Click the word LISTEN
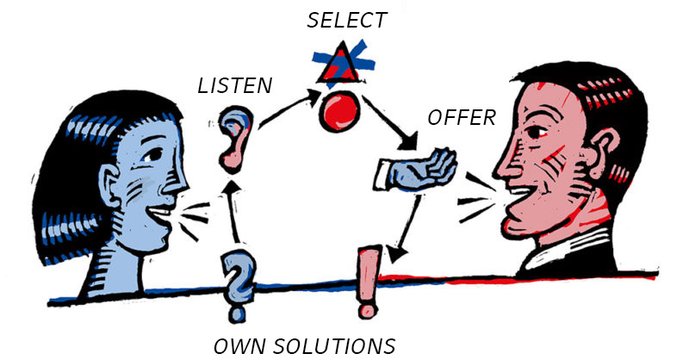(235, 85)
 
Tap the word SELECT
(348, 20)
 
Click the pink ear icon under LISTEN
(233, 135)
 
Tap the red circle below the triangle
(342, 113)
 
